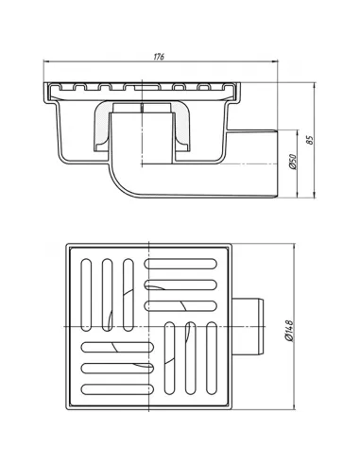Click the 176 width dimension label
click(x=159, y=57)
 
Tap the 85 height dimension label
click(x=310, y=140)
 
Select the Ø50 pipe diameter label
click(x=293, y=162)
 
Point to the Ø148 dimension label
click(x=289, y=331)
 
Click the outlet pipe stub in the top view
click(x=248, y=327)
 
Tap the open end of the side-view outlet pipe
click(x=276, y=164)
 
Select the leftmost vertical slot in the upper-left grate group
click(x=86, y=295)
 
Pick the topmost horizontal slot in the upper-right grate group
click(x=180, y=264)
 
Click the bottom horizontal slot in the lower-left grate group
click(x=117, y=389)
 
